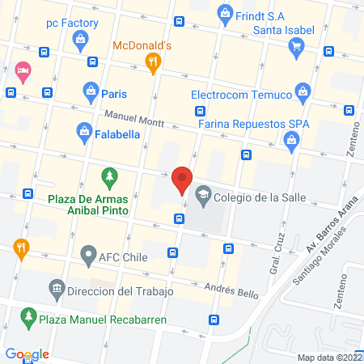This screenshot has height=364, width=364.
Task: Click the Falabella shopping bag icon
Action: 83,129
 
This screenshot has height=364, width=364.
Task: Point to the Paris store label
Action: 114,93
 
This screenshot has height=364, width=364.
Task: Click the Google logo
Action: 27,354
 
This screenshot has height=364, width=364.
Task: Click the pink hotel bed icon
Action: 23,72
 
